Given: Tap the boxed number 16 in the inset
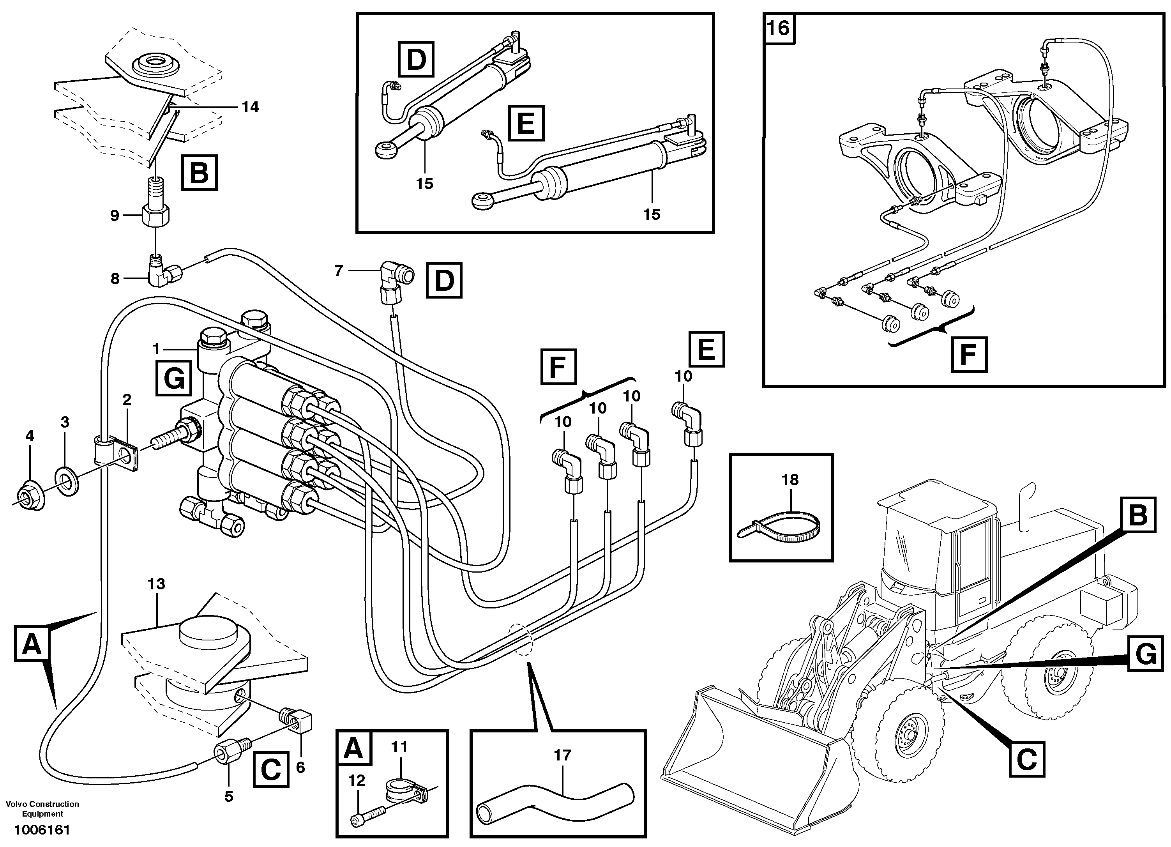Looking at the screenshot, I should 779,28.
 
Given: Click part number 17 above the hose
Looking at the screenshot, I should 562,755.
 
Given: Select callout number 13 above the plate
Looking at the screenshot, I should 156,584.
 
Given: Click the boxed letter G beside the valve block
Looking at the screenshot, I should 173,380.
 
